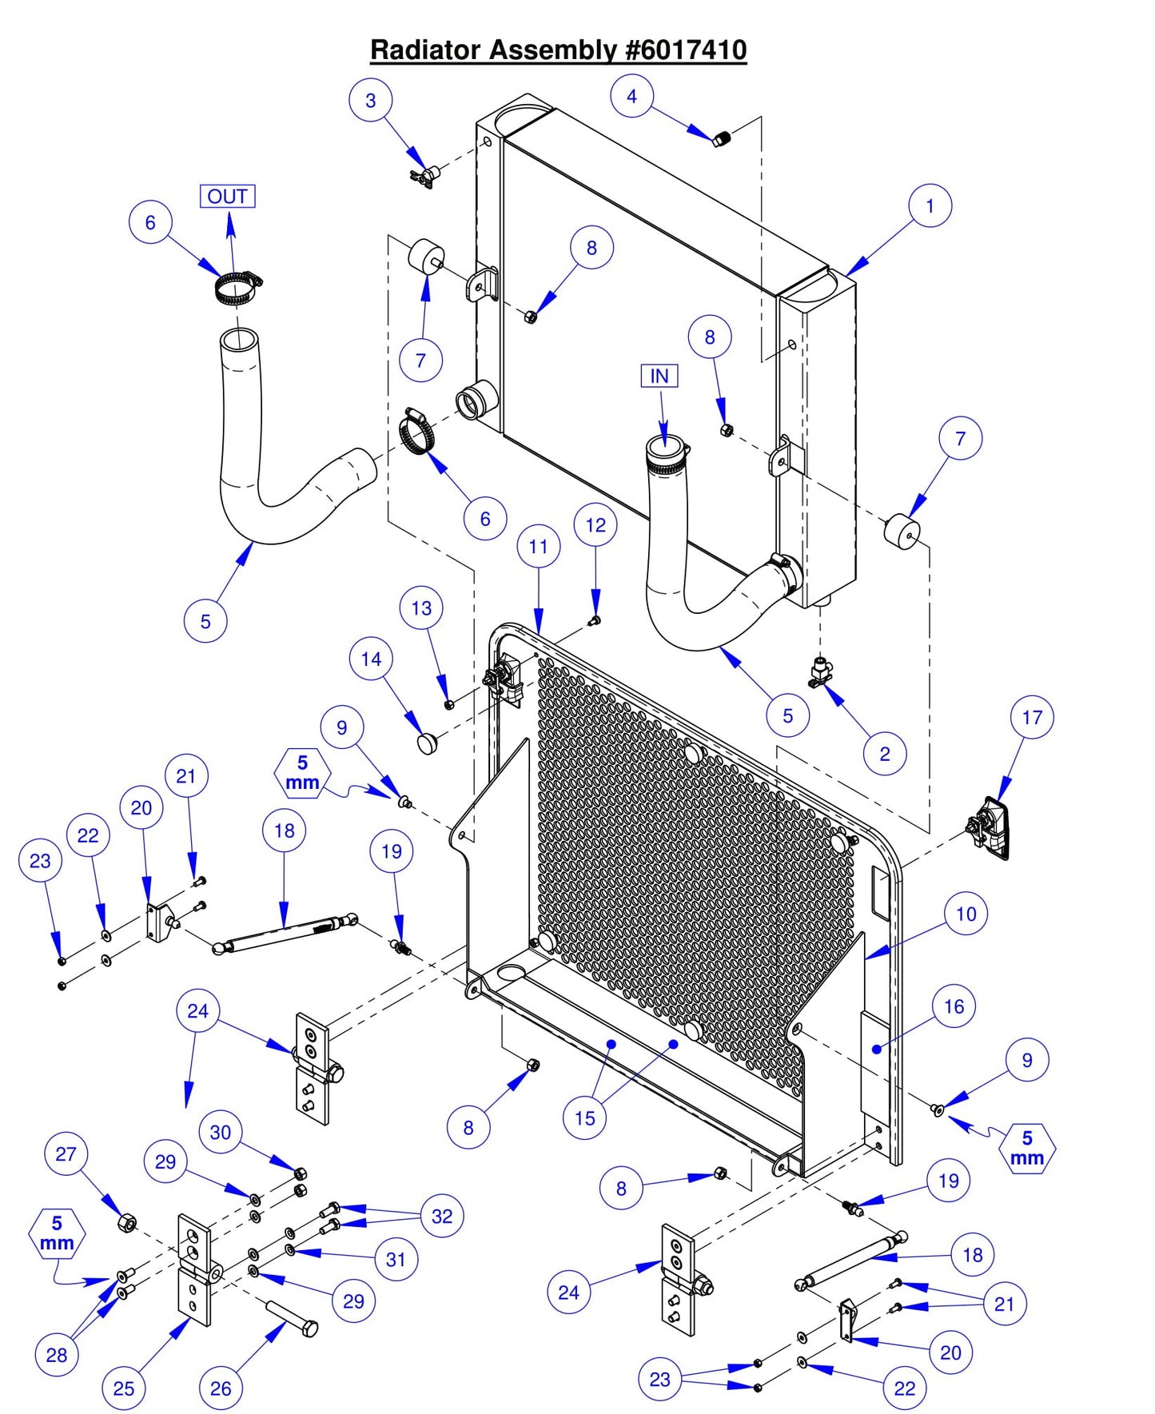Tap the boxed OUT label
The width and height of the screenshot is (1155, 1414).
click(x=227, y=196)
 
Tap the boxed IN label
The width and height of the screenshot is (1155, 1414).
click(x=659, y=376)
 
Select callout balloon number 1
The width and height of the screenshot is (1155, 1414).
click(x=930, y=206)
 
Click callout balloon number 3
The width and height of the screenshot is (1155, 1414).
click(x=370, y=101)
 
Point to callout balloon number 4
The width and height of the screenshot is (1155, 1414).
click(x=631, y=96)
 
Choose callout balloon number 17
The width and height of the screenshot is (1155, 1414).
click(x=1031, y=717)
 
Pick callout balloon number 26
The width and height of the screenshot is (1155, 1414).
click(x=221, y=1388)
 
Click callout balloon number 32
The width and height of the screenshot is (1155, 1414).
click(x=441, y=1216)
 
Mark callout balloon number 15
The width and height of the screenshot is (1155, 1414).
click(x=584, y=1118)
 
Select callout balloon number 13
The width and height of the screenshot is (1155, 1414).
click(x=421, y=608)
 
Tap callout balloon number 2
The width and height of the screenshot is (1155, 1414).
click(x=884, y=754)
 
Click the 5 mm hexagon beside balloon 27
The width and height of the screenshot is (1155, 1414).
click(x=57, y=1233)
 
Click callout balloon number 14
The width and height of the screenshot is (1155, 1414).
click(x=371, y=659)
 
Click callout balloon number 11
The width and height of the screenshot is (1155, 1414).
click(x=538, y=547)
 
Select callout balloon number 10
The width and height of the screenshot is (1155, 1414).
click(x=966, y=914)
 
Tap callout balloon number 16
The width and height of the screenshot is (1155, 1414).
click(x=954, y=1006)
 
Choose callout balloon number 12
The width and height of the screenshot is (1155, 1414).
click(x=595, y=525)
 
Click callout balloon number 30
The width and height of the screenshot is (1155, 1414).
click(x=220, y=1132)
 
